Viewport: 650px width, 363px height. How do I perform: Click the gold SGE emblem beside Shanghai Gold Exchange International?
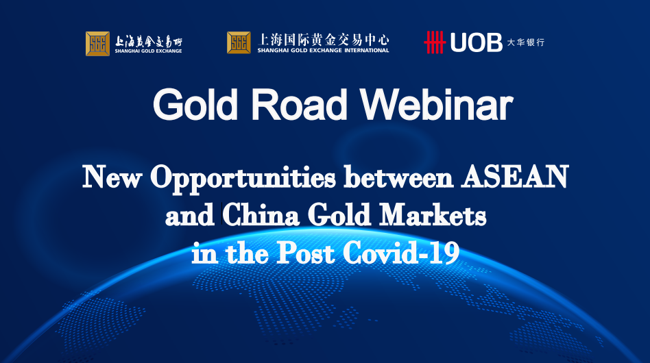[x=239, y=42]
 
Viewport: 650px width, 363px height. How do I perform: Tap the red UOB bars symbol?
[x=434, y=42]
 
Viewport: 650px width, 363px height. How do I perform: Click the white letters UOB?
[x=476, y=42]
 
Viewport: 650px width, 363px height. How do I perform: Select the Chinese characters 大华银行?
[x=526, y=42]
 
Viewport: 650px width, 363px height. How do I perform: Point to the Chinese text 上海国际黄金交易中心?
[x=324, y=40]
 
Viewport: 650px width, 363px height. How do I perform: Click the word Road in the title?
[x=299, y=105]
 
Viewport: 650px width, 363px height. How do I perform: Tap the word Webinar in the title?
[x=437, y=105]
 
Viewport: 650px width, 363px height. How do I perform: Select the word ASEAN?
[x=515, y=177]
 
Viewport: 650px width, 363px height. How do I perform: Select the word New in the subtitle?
[x=112, y=177]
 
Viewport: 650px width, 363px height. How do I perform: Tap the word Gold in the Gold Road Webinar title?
[x=195, y=105]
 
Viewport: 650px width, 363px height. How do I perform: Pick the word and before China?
[x=189, y=215]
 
